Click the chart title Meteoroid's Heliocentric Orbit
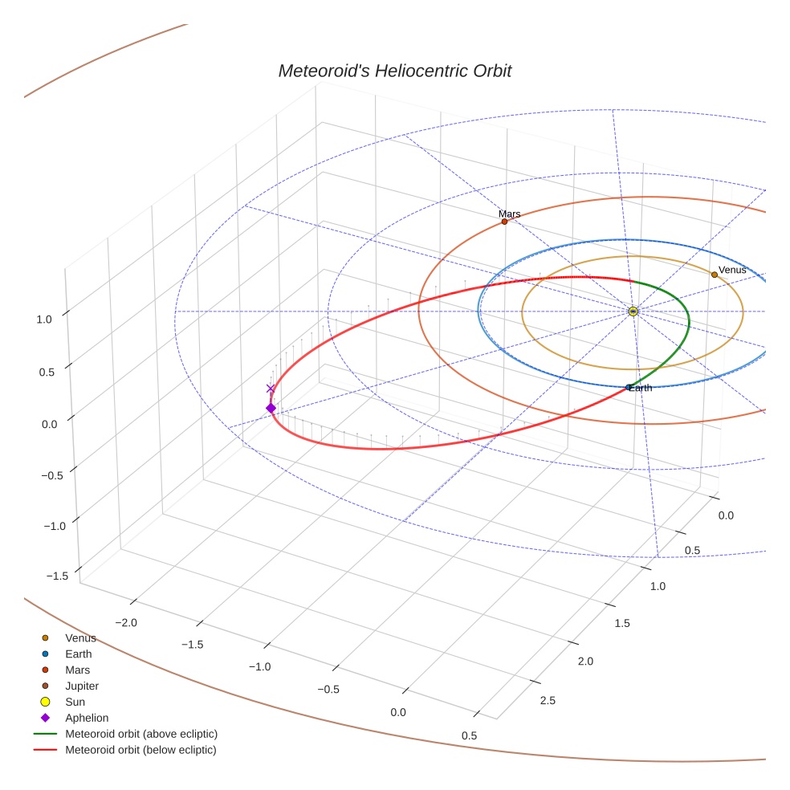click(394, 71)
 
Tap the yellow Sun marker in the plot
click(633, 311)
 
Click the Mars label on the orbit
click(509, 214)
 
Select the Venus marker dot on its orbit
click(714, 275)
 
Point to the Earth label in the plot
click(641, 389)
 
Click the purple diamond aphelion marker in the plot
click(271, 409)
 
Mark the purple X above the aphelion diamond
click(271, 389)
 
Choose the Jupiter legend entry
click(82, 686)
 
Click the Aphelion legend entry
click(87, 718)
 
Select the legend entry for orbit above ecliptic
click(141, 734)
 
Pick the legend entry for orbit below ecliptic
click(140, 750)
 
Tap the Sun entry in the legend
click(75, 702)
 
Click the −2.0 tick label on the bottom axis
click(126, 622)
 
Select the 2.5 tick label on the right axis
click(548, 700)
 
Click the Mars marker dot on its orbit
click(504, 221)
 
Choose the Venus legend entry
click(80, 638)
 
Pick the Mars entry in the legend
click(78, 670)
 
